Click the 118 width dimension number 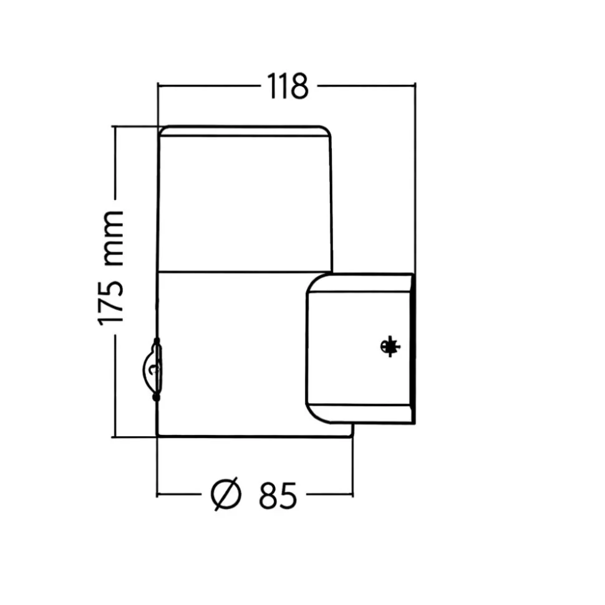point(288,86)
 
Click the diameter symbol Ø point(226,494)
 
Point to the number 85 point(278,495)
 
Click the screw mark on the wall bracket point(390,346)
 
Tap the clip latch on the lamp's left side point(152,369)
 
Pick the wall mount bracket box point(361,348)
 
